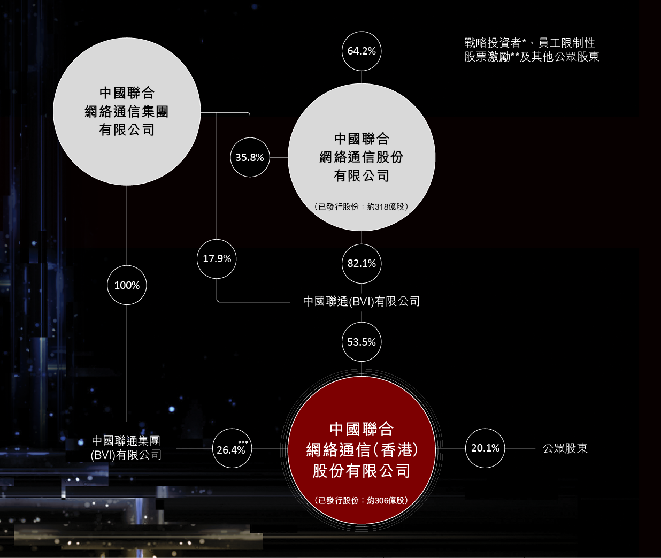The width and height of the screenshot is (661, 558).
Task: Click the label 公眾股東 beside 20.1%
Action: click(x=565, y=448)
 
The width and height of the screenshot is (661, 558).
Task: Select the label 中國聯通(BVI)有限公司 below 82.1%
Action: click(x=362, y=302)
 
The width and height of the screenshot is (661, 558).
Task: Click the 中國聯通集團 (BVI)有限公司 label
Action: click(x=126, y=448)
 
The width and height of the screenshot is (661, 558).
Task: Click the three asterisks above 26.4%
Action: click(x=243, y=442)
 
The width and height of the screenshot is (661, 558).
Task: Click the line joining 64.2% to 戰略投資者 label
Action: click(x=420, y=50)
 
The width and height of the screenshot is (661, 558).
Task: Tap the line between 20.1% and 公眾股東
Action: click(x=520, y=448)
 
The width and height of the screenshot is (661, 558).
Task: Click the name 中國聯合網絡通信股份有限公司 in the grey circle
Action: click(x=362, y=157)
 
